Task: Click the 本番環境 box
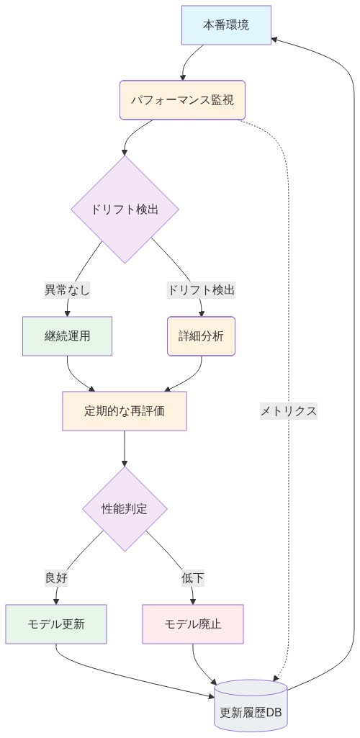tap(226, 25)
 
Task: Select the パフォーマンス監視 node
tap(182, 100)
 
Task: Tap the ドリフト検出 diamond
tap(125, 210)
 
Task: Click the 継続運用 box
tap(68, 336)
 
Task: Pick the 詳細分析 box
tap(201, 336)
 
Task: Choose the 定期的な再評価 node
tap(125, 411)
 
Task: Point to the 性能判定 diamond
tap(125, 509)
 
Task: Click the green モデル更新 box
tap(56, 624)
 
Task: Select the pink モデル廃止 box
tap(193, 624)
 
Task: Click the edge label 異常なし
tap(68, 290)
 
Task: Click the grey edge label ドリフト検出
tap(201, 290)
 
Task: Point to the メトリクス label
tap(288, 411)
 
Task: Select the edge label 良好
tap(56, 578)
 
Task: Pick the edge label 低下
tap(193, 578)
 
